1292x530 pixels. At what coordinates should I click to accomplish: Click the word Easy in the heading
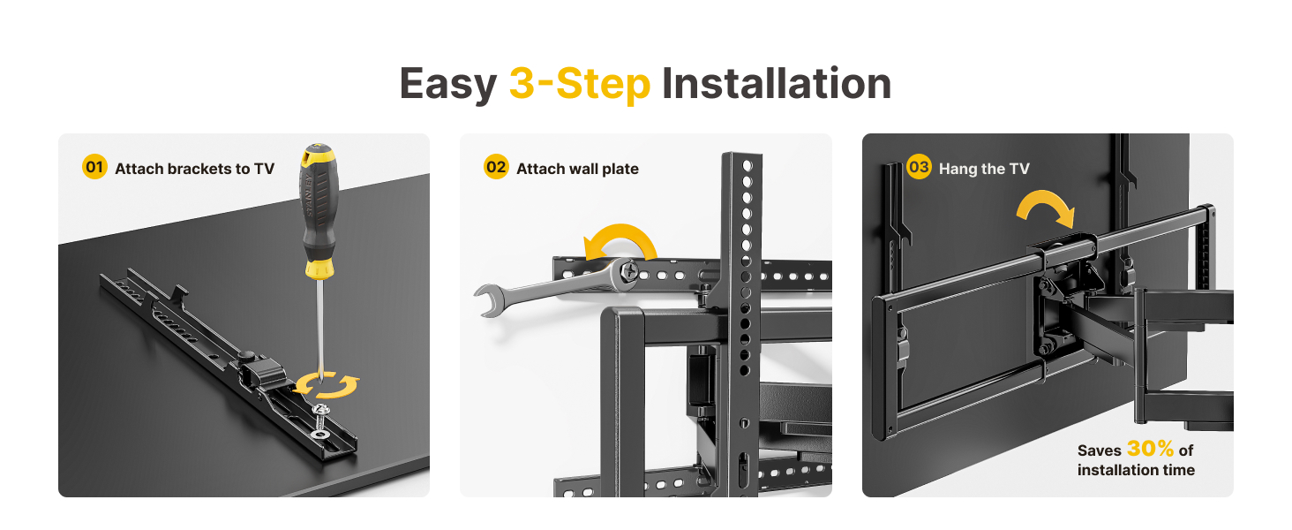pyautogui.click(x=448, y=85)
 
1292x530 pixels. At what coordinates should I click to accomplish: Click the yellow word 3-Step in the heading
pyautogui.click(x=580, y=85)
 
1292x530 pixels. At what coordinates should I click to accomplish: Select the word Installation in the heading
pyautogui.click(x=777, y=85)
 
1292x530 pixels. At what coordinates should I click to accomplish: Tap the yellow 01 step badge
pyautogui.click(x=94, y=167)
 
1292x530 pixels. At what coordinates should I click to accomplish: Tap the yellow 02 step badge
pyautogui.click(x=497, y=167)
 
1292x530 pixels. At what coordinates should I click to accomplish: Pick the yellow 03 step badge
pyautogui.click(x=919, y=167)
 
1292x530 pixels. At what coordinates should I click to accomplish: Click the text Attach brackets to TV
pyautogui.click(x=194, y=169)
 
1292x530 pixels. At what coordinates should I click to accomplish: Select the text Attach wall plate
pyautogui.click(x=577, y=169)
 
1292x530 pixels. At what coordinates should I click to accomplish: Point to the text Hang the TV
pyautogui.click(x=984, y=169)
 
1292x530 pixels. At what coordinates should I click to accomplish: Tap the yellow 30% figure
pyautogui.click(x=1151, y=449)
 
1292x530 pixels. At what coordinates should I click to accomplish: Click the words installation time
pyautogui.click(x=1136, y=470)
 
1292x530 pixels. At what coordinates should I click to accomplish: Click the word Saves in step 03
pyautogui.click(x=1099, y=450)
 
